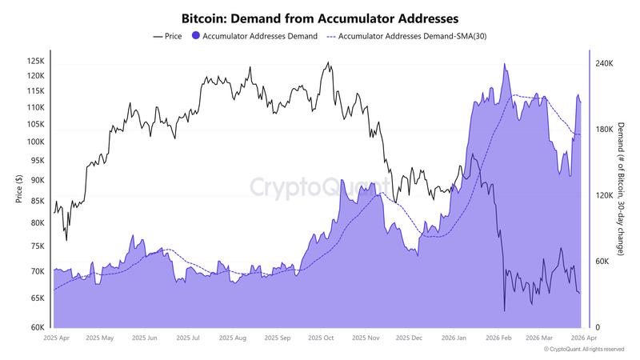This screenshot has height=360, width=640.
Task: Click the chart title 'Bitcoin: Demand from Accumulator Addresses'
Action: [320, 17]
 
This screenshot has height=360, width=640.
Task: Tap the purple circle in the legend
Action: [197, 36]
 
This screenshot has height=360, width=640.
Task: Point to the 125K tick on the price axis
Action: [36, 61]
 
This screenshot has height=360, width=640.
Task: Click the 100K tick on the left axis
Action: [36, 142]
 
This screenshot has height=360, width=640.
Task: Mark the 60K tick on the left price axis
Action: [38, 327]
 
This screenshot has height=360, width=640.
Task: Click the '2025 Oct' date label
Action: [320, 338]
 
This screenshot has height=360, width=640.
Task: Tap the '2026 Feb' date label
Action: [498, 338]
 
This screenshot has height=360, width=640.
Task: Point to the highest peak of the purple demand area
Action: [504, 64]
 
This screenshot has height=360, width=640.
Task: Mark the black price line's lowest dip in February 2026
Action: [505, 311]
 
